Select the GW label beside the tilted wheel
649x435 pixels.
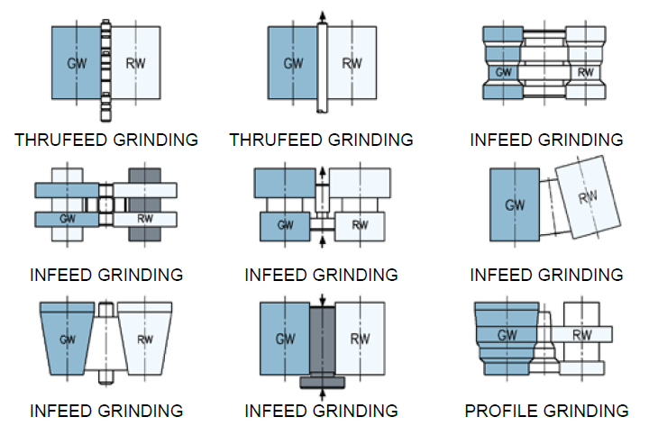coord(515,205)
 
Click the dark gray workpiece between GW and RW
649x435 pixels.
coord(322,339)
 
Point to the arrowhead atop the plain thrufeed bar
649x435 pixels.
coord(322,14)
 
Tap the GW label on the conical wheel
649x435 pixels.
coord(67,340)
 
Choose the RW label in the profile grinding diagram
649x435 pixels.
coord(583,334)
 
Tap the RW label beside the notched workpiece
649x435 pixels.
coord(136,64)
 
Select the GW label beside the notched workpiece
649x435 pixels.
coord(77,64)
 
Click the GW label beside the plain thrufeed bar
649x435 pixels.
coord(293,64)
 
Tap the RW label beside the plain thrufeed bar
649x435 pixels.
coord(352,64)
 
